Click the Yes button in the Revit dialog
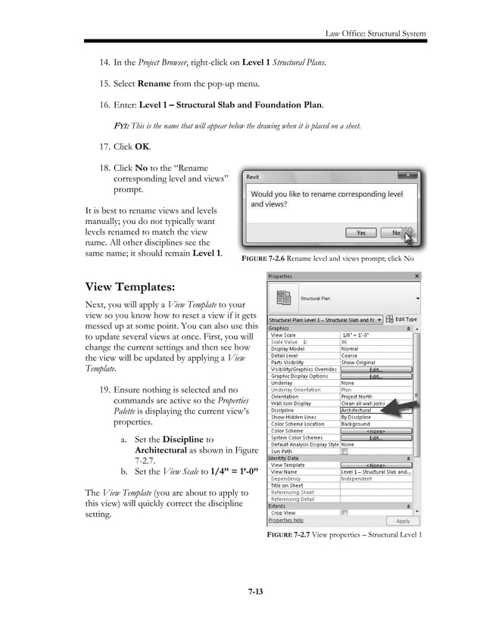(361, 233)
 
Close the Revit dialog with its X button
(409, 176)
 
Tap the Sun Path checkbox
(344, 450)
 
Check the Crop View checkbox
(344, 513)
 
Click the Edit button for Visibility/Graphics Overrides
(375, 369)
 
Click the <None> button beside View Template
(375, 465)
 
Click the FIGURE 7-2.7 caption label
(293, 536)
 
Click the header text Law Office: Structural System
(375, 34)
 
